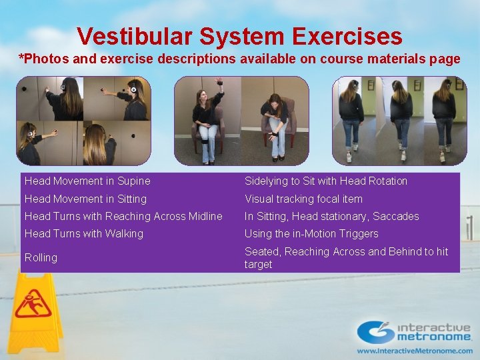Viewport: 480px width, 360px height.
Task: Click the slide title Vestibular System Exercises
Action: point(239,36)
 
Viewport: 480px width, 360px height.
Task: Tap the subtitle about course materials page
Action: point(239,59)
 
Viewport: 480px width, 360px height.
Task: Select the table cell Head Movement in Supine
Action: point(87,181)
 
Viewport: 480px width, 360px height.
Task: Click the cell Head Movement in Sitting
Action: point(86,199)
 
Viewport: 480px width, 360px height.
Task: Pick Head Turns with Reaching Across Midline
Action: point(123,216)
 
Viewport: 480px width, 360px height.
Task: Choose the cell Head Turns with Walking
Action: point(84,233)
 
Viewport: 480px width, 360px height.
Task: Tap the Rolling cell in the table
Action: point(41,257)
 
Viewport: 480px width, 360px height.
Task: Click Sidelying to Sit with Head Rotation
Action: point(325,181)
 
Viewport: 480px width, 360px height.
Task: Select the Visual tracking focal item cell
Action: point(303,199)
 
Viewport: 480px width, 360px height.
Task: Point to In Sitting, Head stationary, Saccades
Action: point(331,216)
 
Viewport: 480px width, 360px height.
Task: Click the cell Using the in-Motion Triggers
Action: point(311,233)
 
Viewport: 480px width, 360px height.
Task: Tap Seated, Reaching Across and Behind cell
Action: point(346,257)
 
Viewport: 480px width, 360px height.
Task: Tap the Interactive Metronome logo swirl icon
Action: point(375,331)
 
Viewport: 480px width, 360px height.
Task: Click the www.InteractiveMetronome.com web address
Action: point(414,350)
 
